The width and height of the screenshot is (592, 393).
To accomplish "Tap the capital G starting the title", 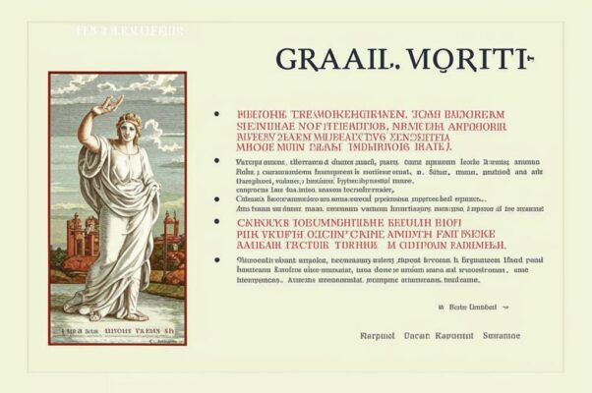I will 288,59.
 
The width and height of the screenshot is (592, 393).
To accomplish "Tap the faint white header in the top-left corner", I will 129,31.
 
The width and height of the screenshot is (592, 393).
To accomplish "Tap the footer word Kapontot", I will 455,336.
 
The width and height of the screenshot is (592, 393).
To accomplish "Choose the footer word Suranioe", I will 503,336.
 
